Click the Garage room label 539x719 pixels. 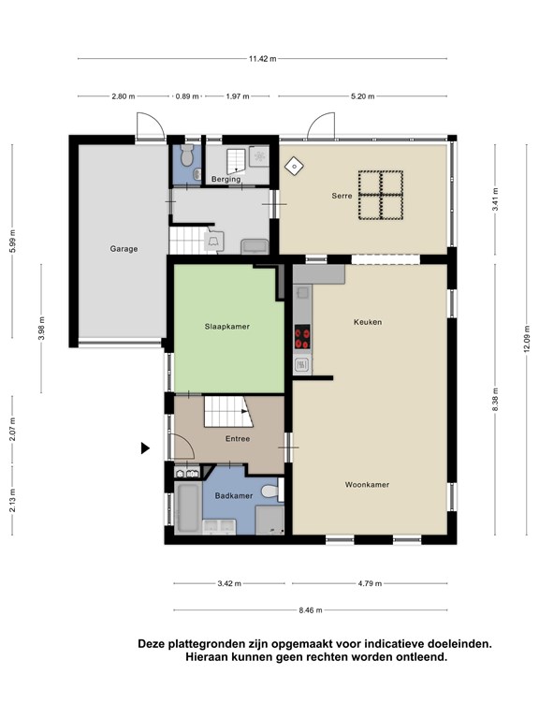click(x=124, y=249)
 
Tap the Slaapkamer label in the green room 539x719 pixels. click(x=226, y=327)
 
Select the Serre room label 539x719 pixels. click(x=342, y=196)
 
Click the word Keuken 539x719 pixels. click(x=368, y=322)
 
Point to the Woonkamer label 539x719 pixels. click(x=367, y=484)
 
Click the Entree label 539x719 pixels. click(x=238, y=439)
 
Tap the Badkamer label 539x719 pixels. click(x=234, y=495)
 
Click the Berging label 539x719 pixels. click(x=226, y=179)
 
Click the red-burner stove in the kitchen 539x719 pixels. click(x=302, y=337)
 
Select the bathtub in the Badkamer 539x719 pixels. click(x=188, y=507)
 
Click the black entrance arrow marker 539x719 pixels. click(x=145, y=448)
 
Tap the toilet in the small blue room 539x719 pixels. click(x=186, y=155)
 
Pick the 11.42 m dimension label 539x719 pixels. click(x=263, y=59)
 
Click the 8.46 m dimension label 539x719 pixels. click(x=311, y=610)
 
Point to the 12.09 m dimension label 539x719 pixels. click(x=526, y=339)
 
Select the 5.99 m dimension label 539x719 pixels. click(x=13, y=241)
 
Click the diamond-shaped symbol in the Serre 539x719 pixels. click(x=293, y=166)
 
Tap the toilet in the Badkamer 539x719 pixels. click(x=270, y=492)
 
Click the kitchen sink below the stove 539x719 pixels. click(x=301, y=365)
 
